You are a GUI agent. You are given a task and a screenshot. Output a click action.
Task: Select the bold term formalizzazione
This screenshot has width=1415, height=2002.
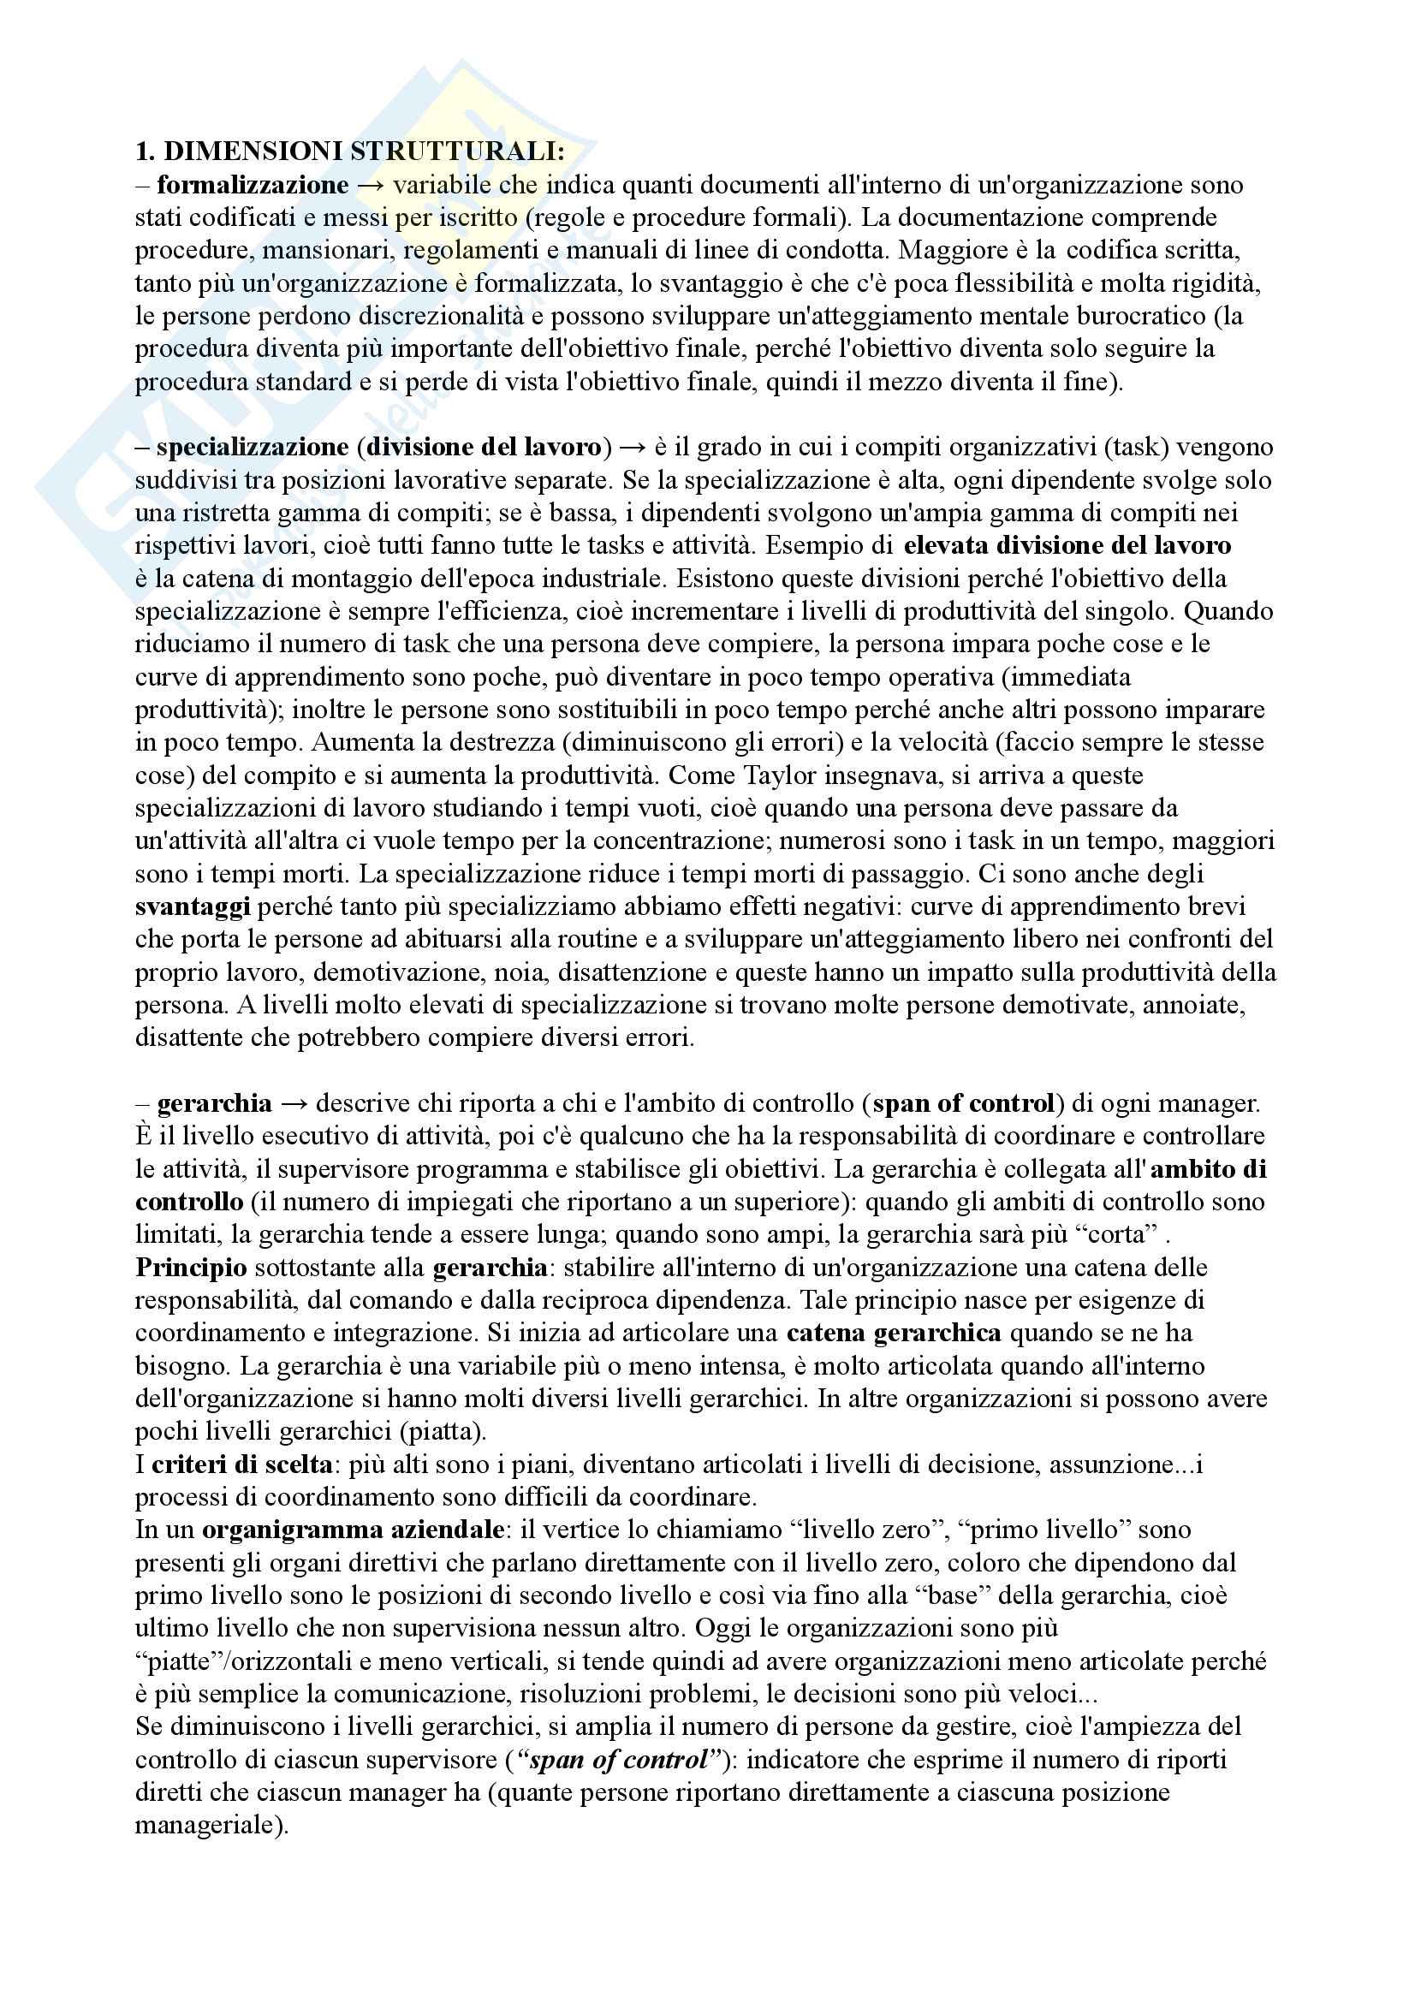pyautogui.click(x=252, y=185)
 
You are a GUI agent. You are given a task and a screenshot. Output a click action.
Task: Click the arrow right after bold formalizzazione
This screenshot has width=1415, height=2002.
pyautogui.click(x=371, y=185)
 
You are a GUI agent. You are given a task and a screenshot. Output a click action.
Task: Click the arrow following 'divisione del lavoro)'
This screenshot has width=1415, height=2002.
pyautogui.click(x=632, y=448)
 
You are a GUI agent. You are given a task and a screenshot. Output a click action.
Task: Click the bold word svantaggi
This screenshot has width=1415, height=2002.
pyautogui.click(x=193, y=906)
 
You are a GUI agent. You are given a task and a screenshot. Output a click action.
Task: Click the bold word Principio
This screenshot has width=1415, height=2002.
pyautogui.click(x=191, y=1268)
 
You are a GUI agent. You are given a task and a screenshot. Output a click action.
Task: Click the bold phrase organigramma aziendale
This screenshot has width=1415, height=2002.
pyautogui.click(x=352, y=1530)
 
